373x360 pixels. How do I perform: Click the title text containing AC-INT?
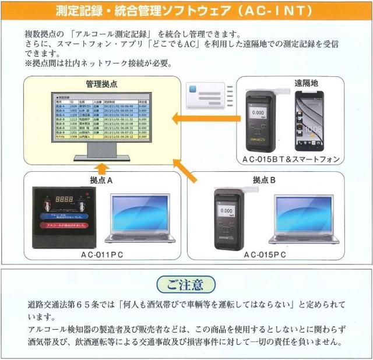[x=186, y=11]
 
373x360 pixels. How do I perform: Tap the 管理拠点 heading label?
[x=101, y=84]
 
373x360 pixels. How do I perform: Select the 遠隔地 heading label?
[x=306, y=83]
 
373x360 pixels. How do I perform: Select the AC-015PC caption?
[x=265, y=255]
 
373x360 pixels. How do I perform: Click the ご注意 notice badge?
[x=186, y=284]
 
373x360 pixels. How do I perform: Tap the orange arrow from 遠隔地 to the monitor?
[x=202, y=119]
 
